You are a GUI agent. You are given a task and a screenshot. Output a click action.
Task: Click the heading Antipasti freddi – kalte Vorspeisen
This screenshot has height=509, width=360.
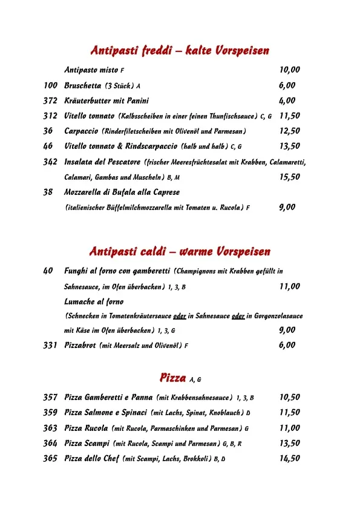tap(180, 50)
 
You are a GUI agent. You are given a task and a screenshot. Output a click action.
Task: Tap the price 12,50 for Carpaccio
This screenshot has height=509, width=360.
tap(289, 131)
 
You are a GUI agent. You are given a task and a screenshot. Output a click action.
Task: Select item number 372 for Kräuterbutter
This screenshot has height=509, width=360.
tap(50, 100)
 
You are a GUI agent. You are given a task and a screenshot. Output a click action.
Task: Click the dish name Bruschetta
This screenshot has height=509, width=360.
tap(83, 86)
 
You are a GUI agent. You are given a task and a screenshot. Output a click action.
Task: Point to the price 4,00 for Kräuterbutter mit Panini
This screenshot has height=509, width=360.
tap(287, 100)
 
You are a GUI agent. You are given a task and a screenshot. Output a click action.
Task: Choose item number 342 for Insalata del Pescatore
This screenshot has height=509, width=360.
tap(50, 162)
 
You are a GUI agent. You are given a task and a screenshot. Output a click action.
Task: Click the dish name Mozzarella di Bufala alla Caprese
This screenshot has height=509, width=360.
tap(122, 192)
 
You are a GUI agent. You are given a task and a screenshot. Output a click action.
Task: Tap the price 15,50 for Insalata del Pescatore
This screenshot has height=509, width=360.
tap(289, 177)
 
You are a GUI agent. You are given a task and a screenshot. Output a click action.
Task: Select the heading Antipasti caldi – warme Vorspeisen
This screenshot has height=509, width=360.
tap(180, 251)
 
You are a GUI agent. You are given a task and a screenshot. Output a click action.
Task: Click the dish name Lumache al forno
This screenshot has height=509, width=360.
tap(94, 301)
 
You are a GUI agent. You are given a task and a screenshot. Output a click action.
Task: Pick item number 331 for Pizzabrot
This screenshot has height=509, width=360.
tap(50, 346)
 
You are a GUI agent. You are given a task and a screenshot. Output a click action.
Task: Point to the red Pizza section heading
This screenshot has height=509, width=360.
tap(172, 378)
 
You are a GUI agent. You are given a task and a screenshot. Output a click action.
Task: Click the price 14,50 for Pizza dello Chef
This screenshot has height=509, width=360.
tap(289, 458)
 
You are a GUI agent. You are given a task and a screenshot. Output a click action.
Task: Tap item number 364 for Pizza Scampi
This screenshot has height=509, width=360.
tap(50, 443)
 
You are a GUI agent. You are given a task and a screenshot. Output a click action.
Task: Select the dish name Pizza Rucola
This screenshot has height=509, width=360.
tap(87, 428)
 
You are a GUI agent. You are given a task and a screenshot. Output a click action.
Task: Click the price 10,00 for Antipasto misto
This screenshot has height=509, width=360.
tap(289, 70)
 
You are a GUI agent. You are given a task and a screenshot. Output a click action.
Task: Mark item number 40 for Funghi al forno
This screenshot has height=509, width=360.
tap(48, 271)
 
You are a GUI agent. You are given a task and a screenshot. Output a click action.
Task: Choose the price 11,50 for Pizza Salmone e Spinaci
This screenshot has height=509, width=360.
tap(289, 413)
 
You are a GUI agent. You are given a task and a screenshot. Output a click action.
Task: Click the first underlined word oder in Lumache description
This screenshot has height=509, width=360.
tap(179, 316)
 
